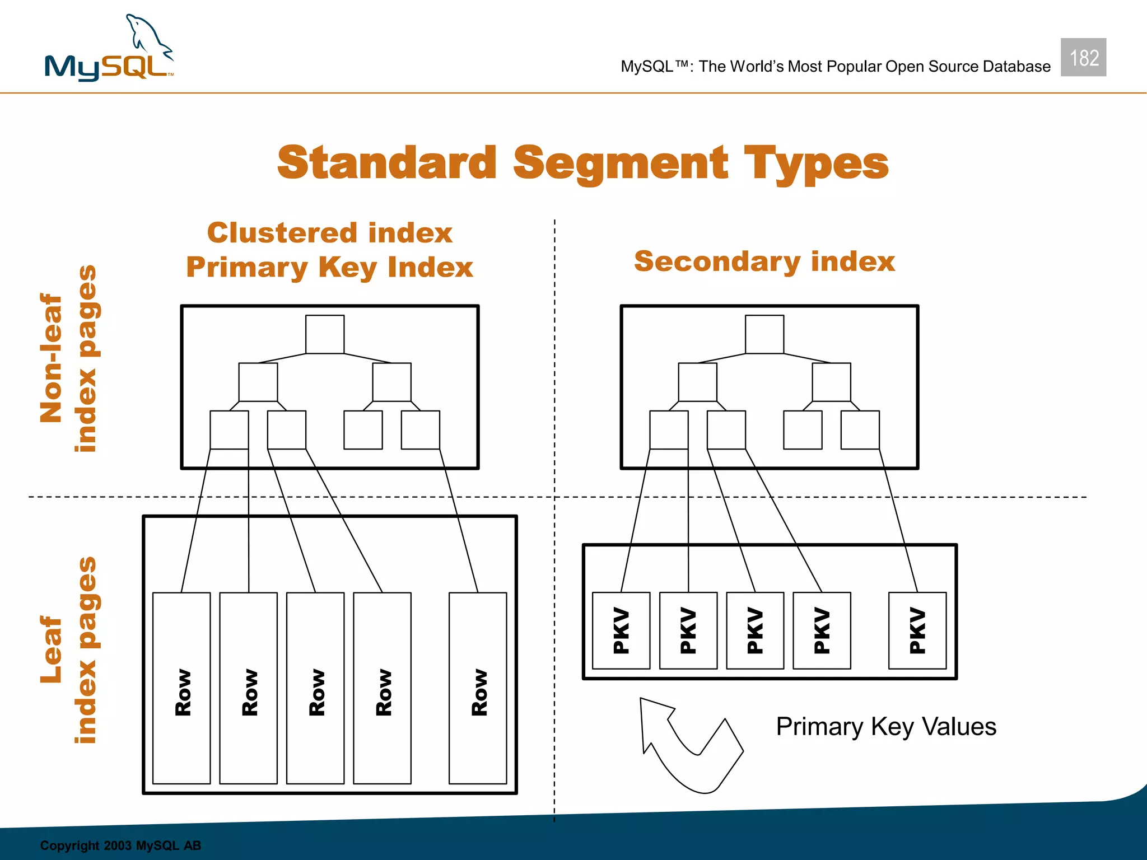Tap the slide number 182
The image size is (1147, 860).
1083,58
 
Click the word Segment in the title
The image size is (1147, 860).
621,163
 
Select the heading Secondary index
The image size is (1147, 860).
764,261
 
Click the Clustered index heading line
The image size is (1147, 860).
330,233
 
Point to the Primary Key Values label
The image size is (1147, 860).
886,727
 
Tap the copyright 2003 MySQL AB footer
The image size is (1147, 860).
120,845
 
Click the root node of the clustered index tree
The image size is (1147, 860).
325,334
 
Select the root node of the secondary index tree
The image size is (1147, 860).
764,334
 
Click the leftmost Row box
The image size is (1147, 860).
181,688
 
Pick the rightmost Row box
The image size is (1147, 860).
478,688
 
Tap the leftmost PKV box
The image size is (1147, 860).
621,630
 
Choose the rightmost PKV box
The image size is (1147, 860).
917,630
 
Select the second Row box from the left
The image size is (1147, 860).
248,688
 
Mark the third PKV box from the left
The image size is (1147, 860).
755,630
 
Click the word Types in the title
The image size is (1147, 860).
816,163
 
